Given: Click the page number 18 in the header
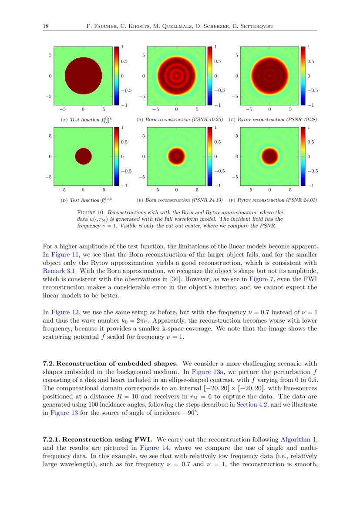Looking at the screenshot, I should click(45, 27).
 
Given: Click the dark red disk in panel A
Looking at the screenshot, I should click(83, 76).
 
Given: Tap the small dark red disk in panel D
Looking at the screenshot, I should click(83, 156).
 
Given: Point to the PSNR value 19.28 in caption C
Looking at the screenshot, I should click(307, 119).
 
